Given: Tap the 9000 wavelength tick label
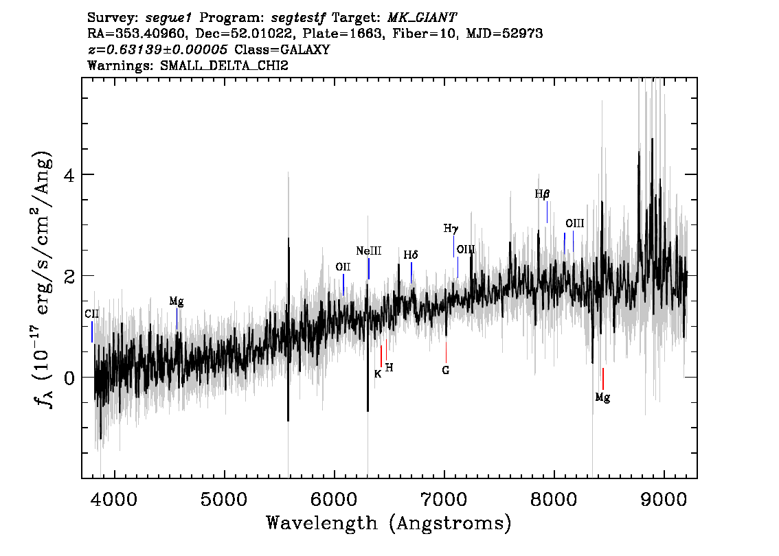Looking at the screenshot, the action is tap(663, 499).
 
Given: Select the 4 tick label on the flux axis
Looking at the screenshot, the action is tap(69, 175).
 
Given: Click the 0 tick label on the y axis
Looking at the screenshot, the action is tap(69, 378).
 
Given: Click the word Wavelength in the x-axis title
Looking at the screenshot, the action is tap(322, 523).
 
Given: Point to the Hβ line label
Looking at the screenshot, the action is tap(542, 194).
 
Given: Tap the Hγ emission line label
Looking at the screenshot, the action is tap(451, 229).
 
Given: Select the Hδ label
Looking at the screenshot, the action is tap(410, 255).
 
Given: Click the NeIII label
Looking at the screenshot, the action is tap(369, 251).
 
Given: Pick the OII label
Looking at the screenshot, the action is tap(343, 267).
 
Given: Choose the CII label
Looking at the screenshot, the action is tap(91, 314).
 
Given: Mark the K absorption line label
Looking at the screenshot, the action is tap(378, 374).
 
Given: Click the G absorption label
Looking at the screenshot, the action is tap(446, 371).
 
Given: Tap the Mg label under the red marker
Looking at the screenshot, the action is tap(602, 397).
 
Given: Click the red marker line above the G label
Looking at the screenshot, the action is tap(446, 352).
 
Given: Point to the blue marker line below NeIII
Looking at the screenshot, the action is tap(369, 268).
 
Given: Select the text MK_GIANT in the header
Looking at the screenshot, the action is tap(422, 18).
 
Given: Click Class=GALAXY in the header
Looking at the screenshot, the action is tap(282, 49).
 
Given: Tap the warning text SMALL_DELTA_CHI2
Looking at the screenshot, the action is tap(224, 65).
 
